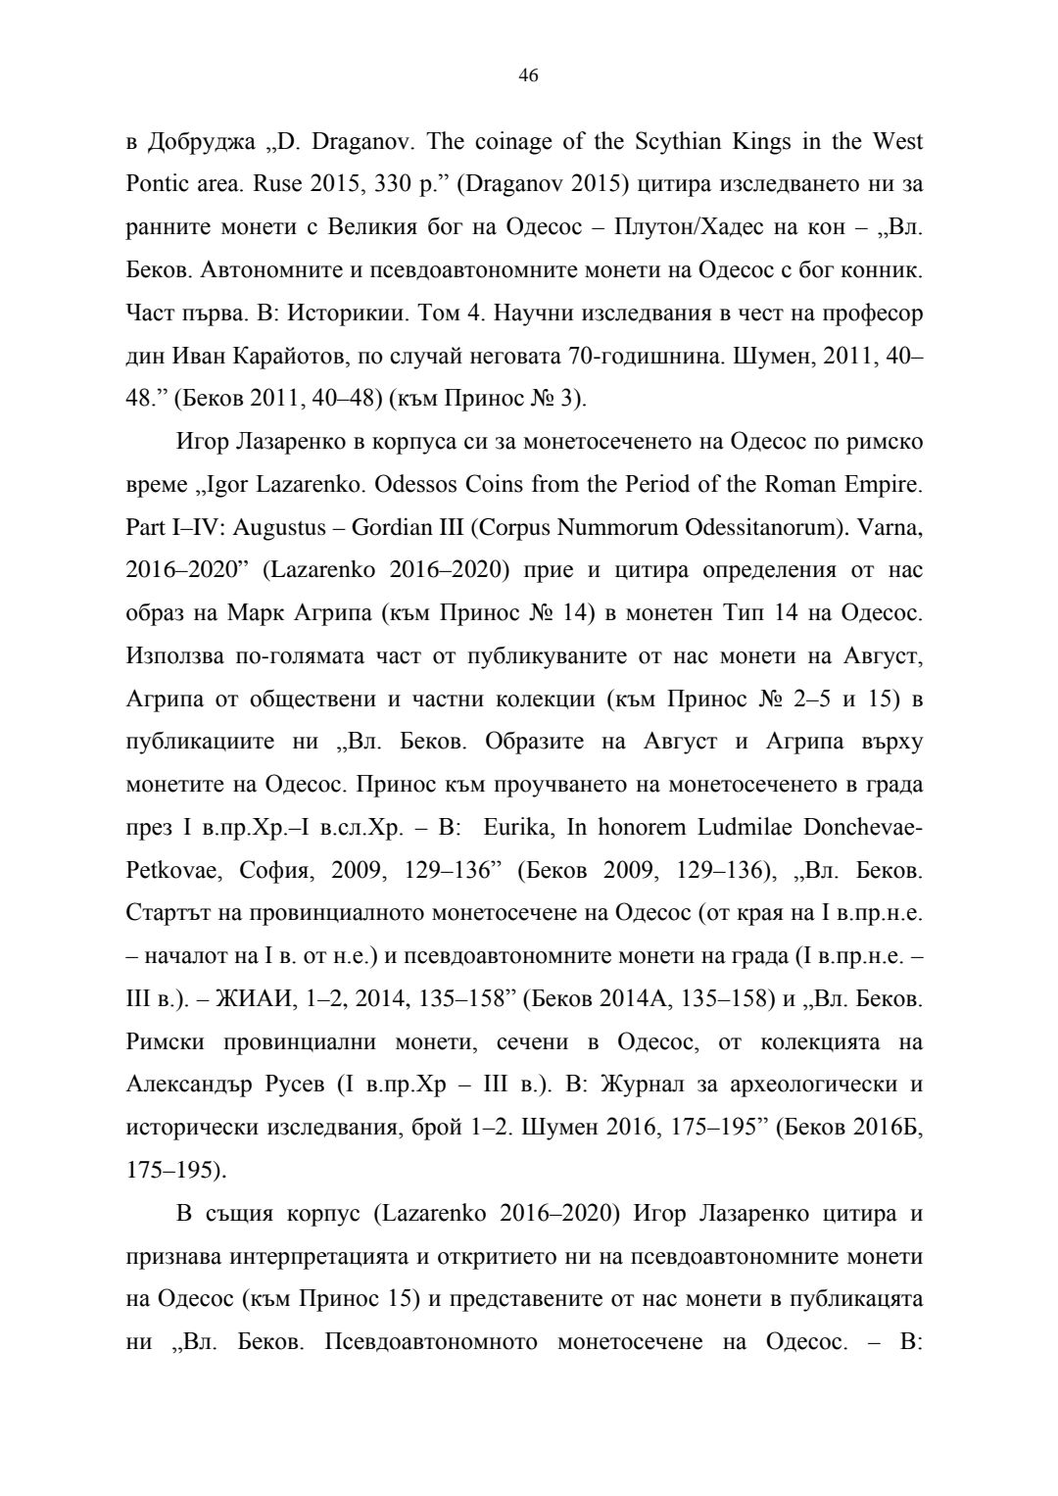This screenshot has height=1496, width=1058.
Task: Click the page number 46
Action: pyautogui.click(x=528, y=76)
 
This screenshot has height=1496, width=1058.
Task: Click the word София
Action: pyautogui.click(x=279, y=870)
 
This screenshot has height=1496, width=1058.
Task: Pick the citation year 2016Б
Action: pyautogui.click(x=891, y=1128)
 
